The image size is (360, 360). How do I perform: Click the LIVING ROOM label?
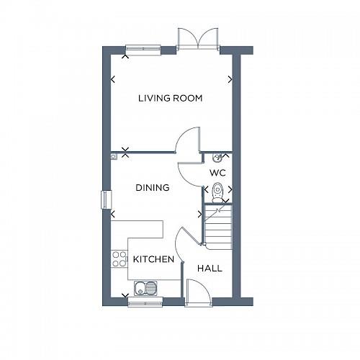[x=171, y=98]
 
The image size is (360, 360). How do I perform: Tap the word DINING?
[x=153, y=188]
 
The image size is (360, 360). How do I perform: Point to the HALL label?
[x=210, y=268]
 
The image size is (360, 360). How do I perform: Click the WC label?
[x=218, y=174]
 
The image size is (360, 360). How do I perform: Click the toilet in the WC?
[x=217, y=191]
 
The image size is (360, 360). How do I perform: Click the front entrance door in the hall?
[x=196, y=291]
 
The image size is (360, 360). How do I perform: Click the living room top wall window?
[x=143, y=49]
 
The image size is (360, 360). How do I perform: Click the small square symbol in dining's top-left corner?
[x=114, y=155]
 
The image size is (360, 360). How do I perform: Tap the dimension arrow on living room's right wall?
[x=229, y=79]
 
